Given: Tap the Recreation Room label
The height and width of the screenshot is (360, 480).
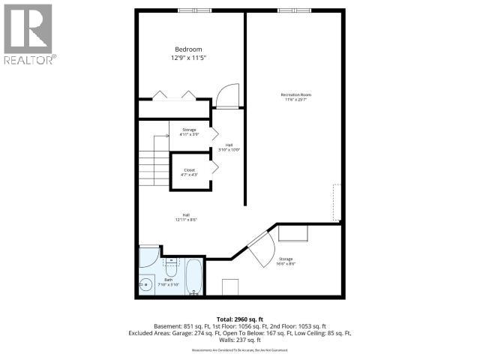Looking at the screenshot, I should [295, 94].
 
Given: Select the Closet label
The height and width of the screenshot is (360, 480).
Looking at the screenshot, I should [189, 170].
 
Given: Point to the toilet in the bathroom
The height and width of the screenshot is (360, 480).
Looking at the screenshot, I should [172, 263].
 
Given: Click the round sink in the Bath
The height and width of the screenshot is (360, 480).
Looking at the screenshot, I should [146, 283].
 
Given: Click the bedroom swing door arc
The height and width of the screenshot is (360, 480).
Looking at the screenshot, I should [223, 96].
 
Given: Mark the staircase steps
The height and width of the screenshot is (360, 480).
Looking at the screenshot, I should [153, 165].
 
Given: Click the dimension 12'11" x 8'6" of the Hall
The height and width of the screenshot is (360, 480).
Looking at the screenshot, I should [186, 220].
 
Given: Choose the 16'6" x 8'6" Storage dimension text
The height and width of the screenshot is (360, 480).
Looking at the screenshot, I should [286, 263].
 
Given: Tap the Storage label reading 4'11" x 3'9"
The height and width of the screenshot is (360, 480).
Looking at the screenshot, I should [189, 134].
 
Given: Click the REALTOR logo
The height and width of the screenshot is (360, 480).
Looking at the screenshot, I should [28, 34].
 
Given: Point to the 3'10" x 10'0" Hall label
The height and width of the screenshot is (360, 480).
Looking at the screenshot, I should [228, 149].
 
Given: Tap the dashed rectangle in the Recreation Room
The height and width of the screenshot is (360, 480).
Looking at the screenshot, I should [337, 202].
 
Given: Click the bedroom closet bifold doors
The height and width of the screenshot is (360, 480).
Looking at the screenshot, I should [174, 95].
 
